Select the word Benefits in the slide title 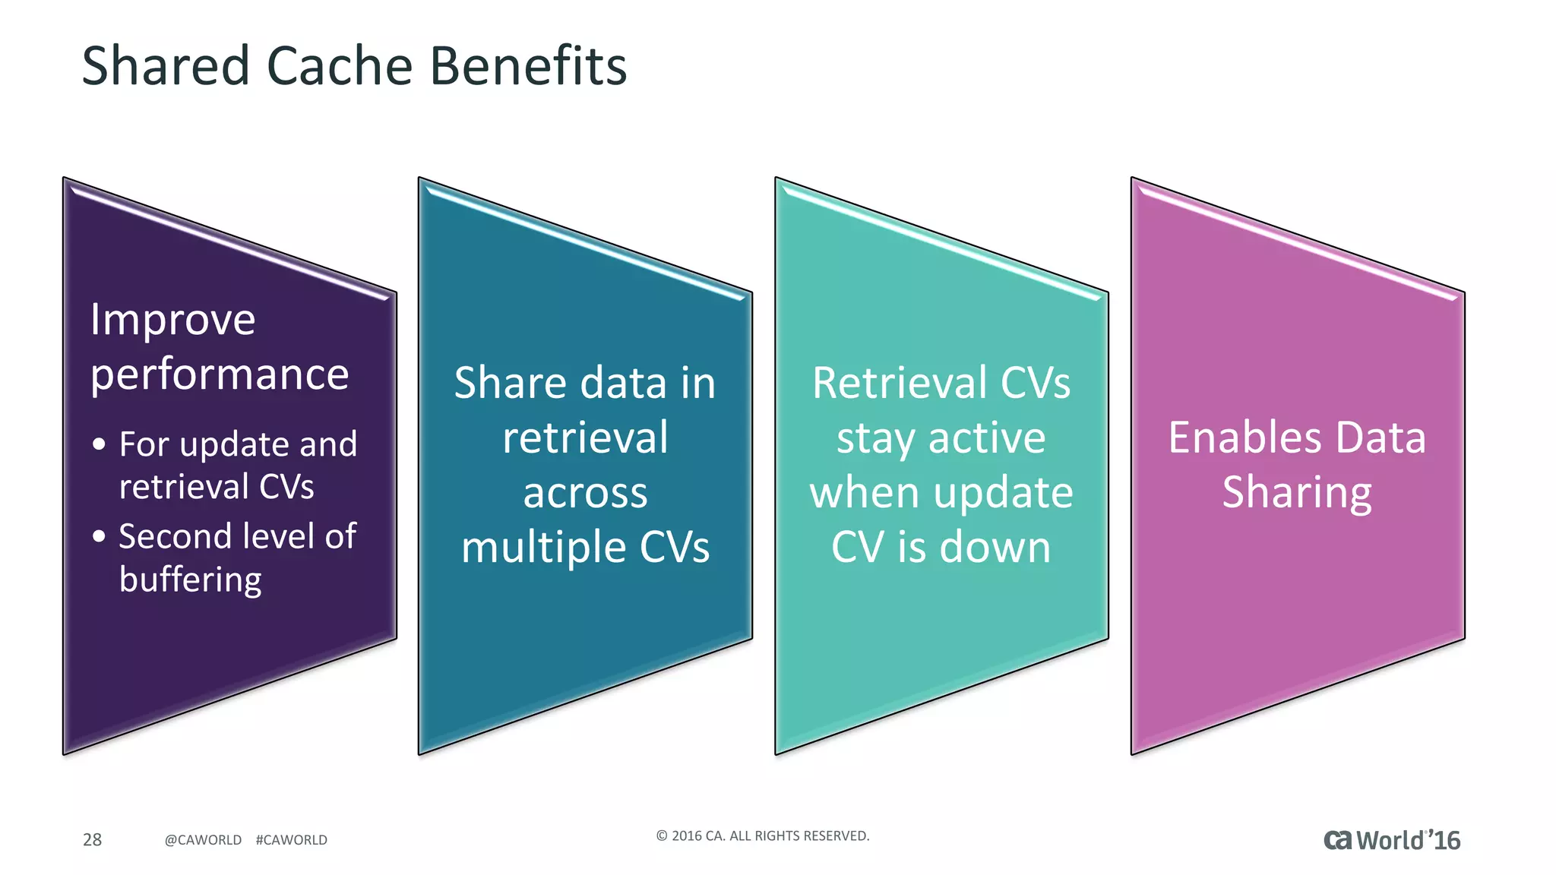click(x=528, y=66)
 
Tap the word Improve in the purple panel click(x=172, y=320)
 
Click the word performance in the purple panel click(x=220, y=375)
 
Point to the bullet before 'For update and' click(x=99, y=444)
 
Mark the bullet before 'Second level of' click(x=99, y=536)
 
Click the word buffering click(x=190, y=580)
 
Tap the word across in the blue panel click(x=585, y=493)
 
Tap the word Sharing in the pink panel click(x=1297, y=493)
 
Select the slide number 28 click(x=92, y=839)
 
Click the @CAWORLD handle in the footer click(x=203, y=840)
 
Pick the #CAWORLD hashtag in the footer click(x=292, y=840)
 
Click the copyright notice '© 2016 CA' click(x=762, y=836)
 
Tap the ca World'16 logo click(x=1391, y=840)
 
